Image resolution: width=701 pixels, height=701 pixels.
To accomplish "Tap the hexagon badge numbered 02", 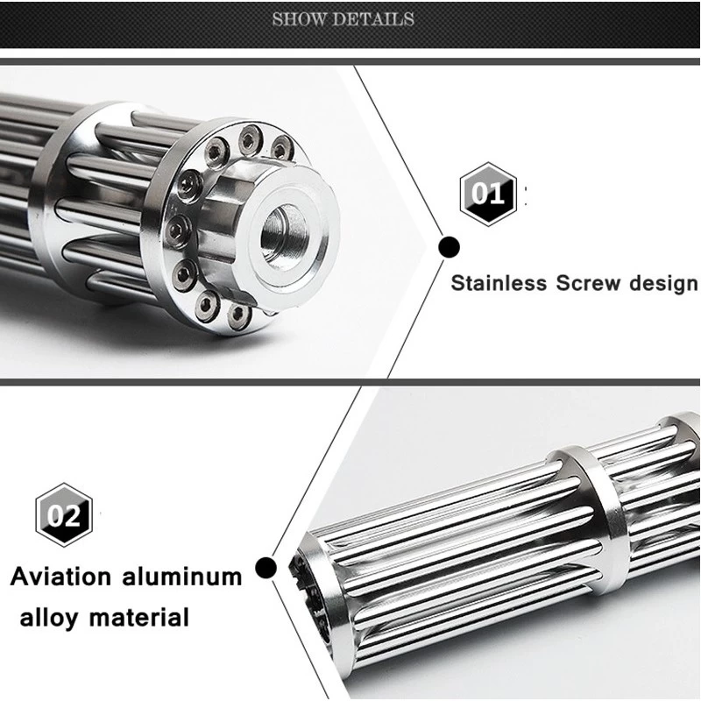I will click(x=63, y=513).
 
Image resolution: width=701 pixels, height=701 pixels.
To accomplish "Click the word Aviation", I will click(x=61, y=577).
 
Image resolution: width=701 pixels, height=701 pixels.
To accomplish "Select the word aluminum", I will click(x=183, y=577).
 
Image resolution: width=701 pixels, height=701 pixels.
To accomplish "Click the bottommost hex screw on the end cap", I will click(x=235, y=312).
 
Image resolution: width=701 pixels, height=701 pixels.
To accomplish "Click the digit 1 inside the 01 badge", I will click(x=498, y=193).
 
